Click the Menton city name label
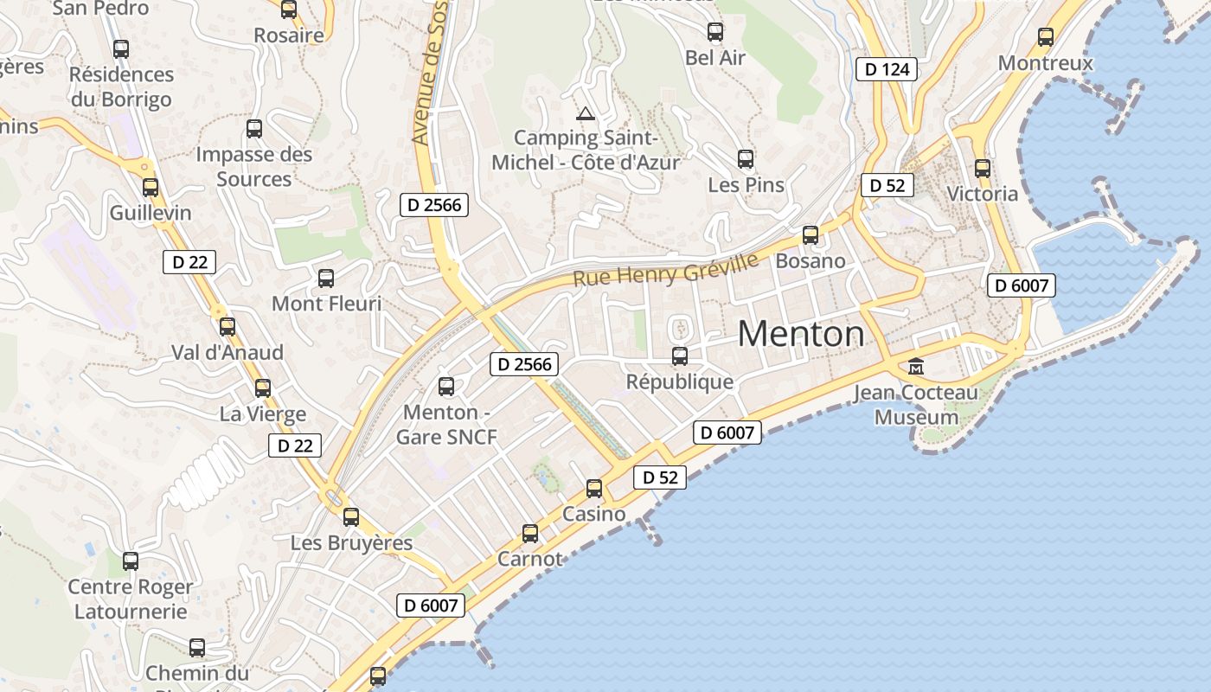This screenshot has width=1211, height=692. [801, 334]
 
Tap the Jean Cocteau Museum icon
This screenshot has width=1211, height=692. [916, 367]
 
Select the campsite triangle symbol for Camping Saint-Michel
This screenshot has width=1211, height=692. [586, 113]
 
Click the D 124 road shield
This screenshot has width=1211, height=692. [887, 69]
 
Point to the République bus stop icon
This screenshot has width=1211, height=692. [680, 356]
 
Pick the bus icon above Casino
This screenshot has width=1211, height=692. [594, 489]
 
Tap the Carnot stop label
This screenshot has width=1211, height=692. [530, 559]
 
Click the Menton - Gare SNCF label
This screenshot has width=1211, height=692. [446, 424]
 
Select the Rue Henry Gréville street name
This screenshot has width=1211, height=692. [665, 269]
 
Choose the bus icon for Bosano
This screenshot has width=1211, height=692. [811, 235]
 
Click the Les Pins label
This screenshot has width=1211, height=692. [746, 184]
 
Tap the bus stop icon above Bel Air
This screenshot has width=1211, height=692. [715, 32]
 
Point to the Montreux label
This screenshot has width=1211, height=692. [1045, 63]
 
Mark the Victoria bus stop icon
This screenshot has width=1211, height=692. [983, 169]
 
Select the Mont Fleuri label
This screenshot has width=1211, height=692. [326, 304]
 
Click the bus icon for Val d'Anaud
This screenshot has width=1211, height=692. [227, 327]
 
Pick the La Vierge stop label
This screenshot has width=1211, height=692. [263, 413]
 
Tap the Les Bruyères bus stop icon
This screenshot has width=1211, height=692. [351, 517]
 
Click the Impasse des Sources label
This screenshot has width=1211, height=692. [254, 166]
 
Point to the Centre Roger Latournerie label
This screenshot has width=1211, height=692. [131, 599]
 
